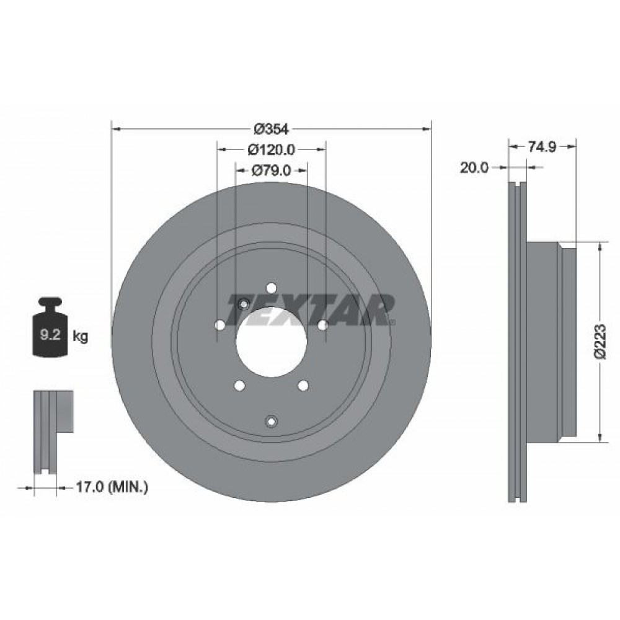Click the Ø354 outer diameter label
(272, 129)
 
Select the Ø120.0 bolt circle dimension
(272, 149)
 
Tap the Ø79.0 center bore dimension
(272, 170)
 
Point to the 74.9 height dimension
(542, 147)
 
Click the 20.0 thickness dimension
(474, 168)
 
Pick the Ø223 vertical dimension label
(600, 341)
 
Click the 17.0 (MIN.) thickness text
(112, 487)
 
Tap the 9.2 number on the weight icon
(50, 335)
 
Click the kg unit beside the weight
(80, 337)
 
